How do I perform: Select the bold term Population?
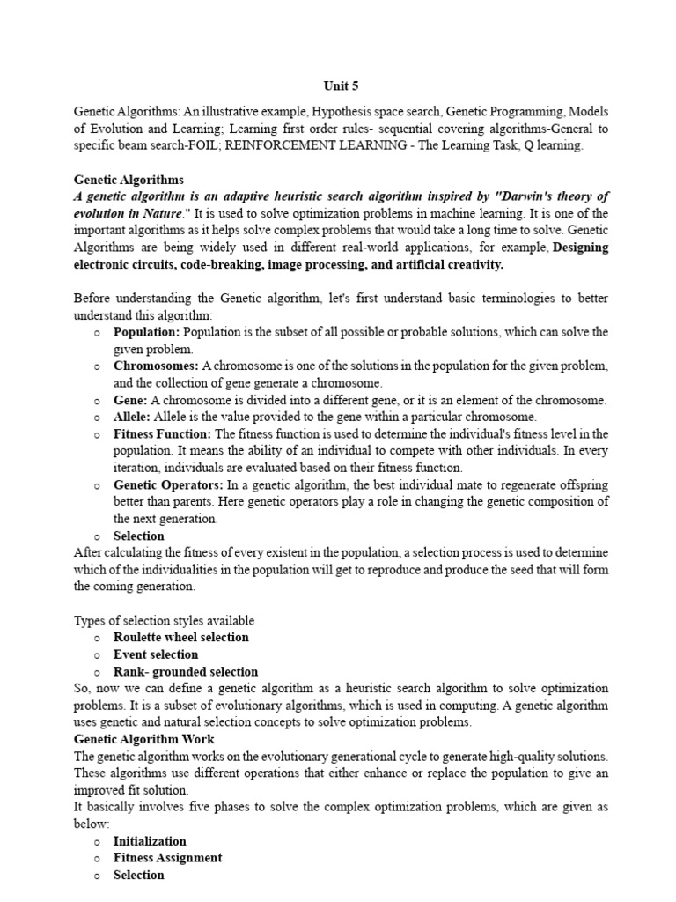click(x=146, y=332)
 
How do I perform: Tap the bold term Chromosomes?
click(x=156, y=366)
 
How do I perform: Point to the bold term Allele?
click(x=132, y=417)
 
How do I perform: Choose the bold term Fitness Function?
click(x=162, y=433)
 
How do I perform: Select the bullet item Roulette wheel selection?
click(x=180, y=637)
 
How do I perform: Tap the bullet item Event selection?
click(x=156, y=654)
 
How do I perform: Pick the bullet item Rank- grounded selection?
click(x=186, y=671)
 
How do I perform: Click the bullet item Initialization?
click(x=150, y=841)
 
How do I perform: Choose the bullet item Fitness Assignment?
click(x=167, y=858)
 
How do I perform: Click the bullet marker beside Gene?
click(x=96, y=400)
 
